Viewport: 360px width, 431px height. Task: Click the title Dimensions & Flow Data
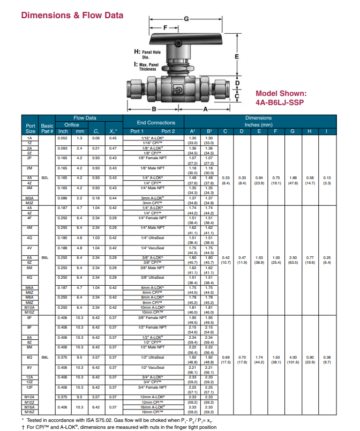tap(72, 15)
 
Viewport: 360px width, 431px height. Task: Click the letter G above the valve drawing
tap(186, 19)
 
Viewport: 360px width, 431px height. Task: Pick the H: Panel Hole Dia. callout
tap(146, 54)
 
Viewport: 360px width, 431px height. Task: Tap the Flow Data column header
tap(84, 118)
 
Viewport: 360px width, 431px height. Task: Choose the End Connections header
tap(156, 123)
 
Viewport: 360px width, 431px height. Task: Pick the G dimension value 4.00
tap(293, 356)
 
